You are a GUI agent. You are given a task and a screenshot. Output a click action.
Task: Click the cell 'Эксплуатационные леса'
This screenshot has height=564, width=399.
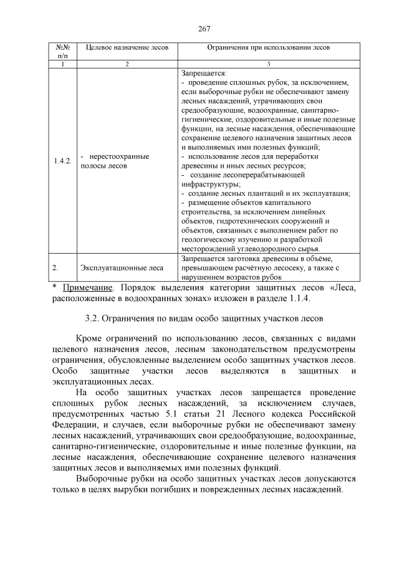click(x=122, y=268)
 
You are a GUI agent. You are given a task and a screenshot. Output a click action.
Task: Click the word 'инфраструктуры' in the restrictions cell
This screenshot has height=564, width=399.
click(x=209, y=185)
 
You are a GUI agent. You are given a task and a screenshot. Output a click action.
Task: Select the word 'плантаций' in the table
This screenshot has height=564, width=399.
click(x=256, y=194)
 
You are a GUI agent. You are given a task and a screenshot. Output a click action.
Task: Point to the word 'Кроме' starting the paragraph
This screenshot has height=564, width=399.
click(x=89, y=339)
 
